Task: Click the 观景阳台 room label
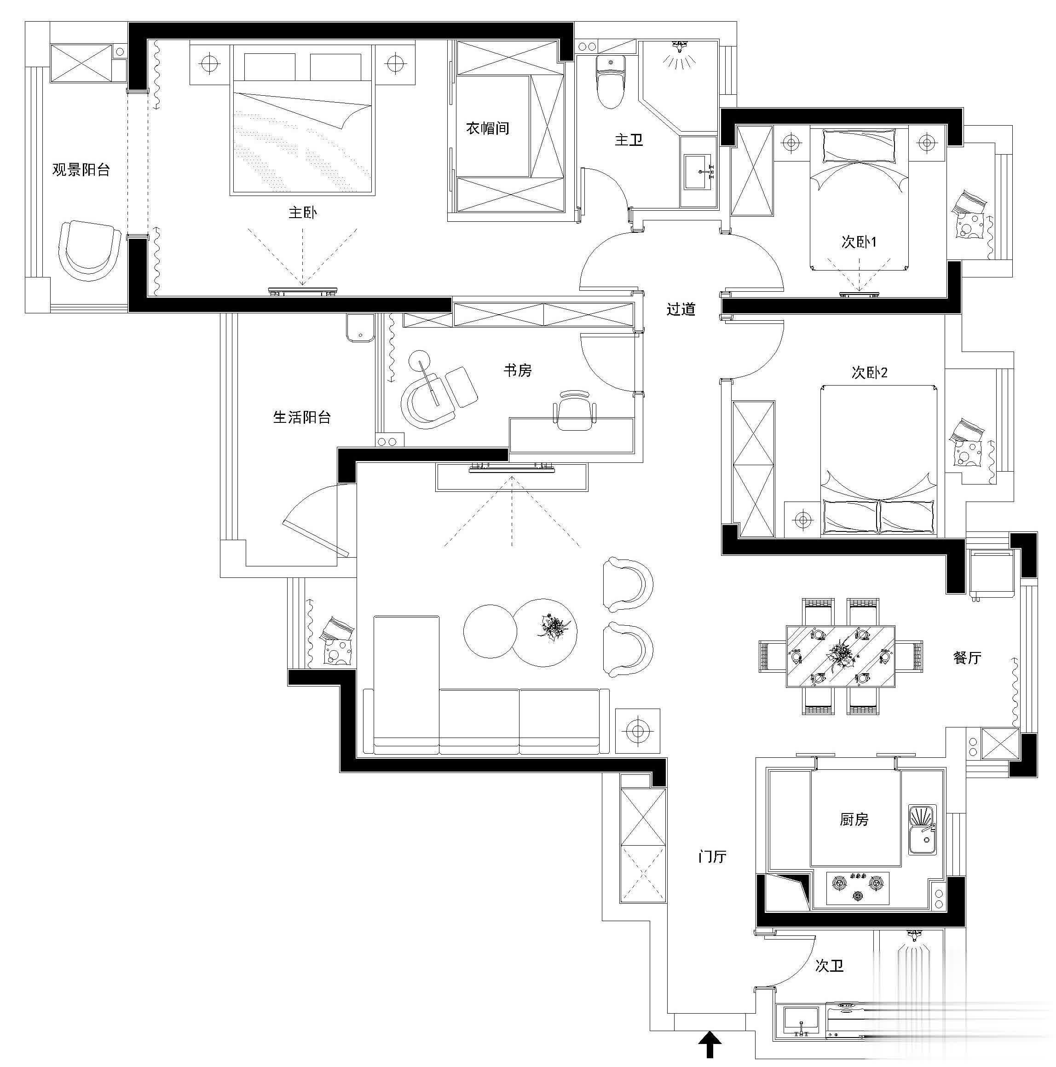pos(81,169)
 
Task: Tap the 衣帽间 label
pos(488,129)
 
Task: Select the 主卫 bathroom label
pos(629,140)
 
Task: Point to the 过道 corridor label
pos(681,309)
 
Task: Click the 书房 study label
pos(518,370)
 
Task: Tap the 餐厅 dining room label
pos(967,657)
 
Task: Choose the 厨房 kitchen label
pos(854,819)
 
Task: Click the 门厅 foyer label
pos(712,857)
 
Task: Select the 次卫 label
pos(830,965)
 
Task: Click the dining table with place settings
pos(840,656)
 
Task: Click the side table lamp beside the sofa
pos(638,731)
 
